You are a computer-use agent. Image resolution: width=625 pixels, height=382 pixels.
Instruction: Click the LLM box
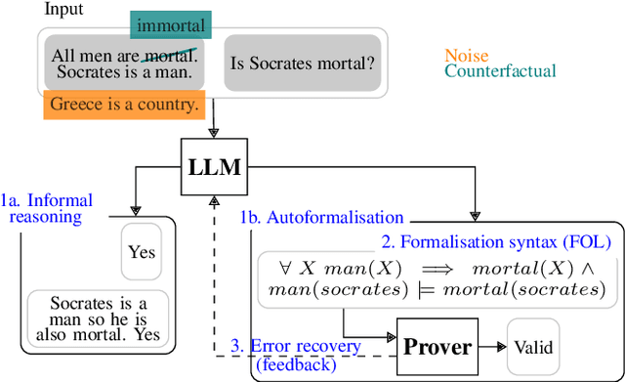214,167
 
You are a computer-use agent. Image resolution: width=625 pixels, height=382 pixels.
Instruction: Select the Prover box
437,346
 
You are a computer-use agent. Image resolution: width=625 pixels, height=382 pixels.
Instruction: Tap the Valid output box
533,346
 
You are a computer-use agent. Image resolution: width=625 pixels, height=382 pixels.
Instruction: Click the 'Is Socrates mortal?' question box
302,64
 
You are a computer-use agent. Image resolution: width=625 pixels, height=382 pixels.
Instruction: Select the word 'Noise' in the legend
466,56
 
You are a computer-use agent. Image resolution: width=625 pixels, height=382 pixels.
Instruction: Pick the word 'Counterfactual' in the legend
500,70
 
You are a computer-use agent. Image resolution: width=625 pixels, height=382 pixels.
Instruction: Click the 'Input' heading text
64,9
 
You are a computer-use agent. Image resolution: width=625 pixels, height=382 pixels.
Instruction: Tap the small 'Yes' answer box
142,252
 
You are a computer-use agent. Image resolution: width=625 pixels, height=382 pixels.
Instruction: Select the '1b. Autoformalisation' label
321,217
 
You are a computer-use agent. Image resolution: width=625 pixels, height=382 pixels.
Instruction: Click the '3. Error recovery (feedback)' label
295,354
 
